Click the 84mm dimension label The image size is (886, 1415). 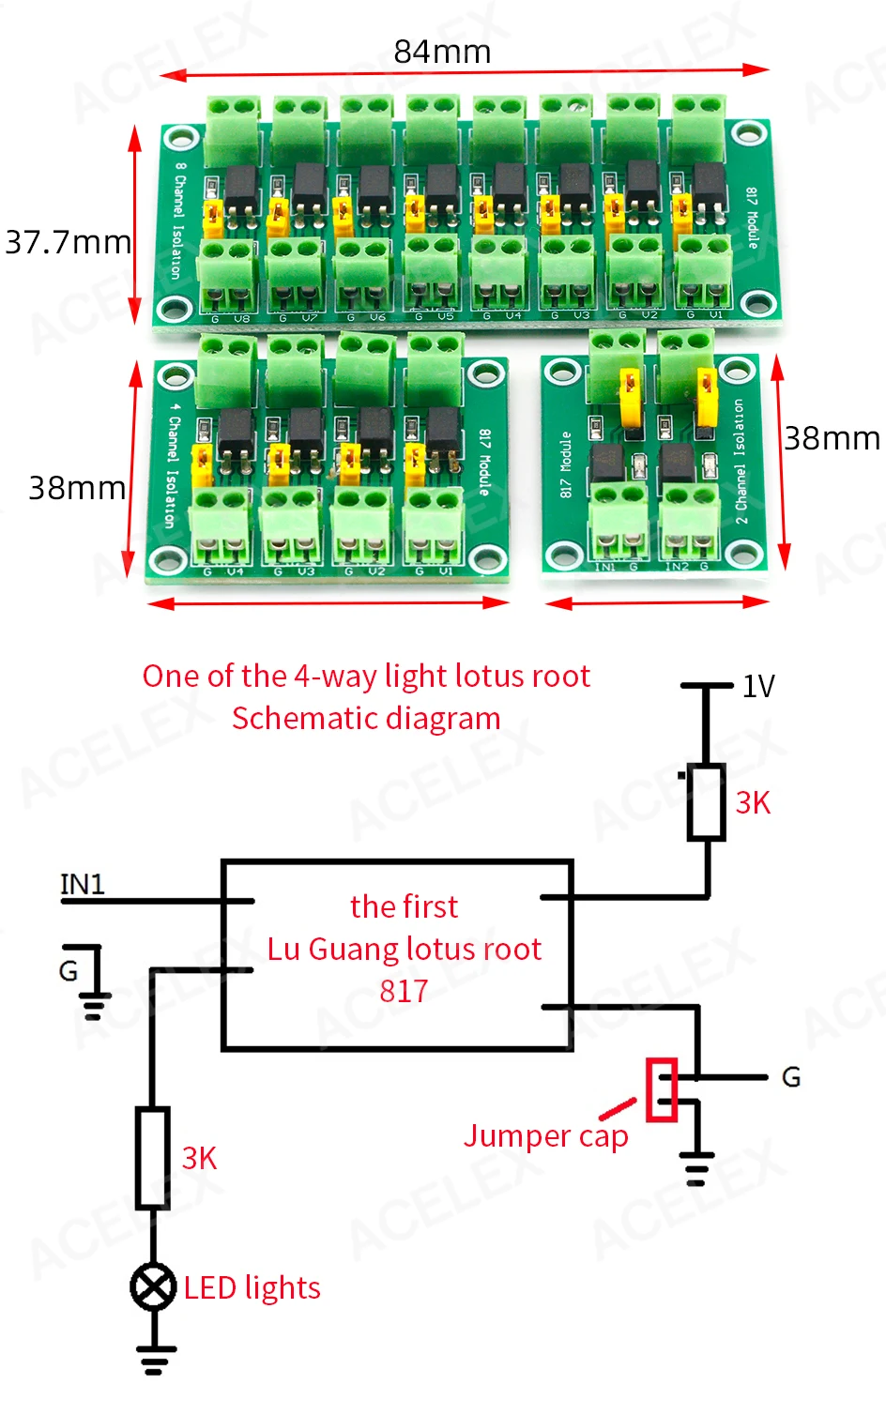point(442,52)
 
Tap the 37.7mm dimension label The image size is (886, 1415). point(68,242)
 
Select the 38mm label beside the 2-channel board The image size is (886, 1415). point(832,438)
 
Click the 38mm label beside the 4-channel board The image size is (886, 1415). point(77,488)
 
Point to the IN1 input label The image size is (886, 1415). point(83,884)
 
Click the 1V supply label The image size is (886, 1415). point(758,687)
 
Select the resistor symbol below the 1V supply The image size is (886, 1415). point(706,802)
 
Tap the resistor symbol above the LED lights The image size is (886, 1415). point(153,1158)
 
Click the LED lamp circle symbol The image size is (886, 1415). point(153,1286)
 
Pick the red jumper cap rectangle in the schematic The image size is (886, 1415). point(662,1089)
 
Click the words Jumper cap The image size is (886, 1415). point(545,1136)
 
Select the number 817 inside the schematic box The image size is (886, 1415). point(404,991)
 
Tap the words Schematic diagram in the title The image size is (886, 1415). point(366,719)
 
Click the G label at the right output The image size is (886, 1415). point(791,1077)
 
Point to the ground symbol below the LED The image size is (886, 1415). point(155,1358)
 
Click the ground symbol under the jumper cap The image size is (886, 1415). point(695,1168)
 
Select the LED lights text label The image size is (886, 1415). point(252,1288)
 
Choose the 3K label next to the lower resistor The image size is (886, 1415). point(199,1158)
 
